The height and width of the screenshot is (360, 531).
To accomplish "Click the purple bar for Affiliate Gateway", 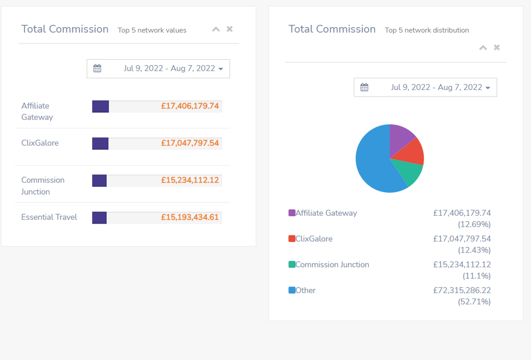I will (100, 106).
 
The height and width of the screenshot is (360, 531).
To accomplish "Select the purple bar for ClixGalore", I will (100, 143).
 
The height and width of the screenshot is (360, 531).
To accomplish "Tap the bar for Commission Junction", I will (99, 180).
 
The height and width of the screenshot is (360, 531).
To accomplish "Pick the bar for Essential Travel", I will (99, 217).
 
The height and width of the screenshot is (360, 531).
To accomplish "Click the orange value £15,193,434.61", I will (190, 217).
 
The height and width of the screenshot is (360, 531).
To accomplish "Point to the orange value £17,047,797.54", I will (190, 143).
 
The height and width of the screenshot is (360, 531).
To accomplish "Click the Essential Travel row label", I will (49, 217).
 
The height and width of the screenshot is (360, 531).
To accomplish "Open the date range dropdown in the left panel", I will (158, 69).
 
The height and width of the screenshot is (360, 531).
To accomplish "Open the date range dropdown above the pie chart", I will (425, 88).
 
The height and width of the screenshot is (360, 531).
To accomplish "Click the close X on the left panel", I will (230, 29).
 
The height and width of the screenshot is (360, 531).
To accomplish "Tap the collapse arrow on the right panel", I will (483, 48).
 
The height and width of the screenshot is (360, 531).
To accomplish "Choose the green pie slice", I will (407, 172).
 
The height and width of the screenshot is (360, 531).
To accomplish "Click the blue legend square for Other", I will (292, 291).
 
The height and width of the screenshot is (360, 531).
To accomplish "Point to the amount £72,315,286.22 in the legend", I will (462, 291).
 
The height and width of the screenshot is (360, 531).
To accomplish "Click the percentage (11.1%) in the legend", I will (477, 276).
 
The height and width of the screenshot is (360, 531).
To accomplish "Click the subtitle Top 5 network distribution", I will (426, 30).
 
